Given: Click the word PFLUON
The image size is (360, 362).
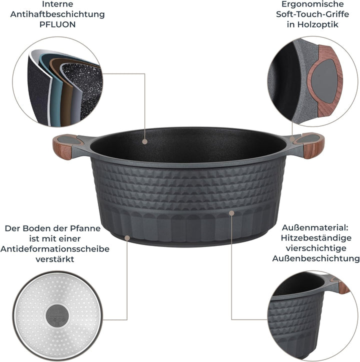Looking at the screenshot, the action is tap(57, 24).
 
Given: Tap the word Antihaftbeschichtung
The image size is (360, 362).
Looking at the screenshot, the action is tap(57, 14).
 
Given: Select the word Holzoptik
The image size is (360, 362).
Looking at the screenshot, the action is tap(317, 24).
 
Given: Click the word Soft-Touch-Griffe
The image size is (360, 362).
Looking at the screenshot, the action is tap(312, 14).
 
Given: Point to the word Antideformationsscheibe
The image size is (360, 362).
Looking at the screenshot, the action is tap(55, 249).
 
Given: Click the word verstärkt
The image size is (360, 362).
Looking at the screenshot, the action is tap(55, 259).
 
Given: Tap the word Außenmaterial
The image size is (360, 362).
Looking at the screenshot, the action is tap(315, 228).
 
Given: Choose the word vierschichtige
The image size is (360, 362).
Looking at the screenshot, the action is tap(316, 248).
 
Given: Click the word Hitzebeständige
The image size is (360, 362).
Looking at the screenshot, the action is tap(316, 238).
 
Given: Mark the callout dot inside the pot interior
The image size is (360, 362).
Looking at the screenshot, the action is tap(145, 141).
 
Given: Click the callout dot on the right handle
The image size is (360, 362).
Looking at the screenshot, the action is tap(292, 139).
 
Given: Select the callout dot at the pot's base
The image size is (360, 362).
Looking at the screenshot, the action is tap(127, 238).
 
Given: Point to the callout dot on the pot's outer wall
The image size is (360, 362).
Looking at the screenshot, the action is tap(231, 213).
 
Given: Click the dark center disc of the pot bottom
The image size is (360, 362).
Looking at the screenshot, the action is tap(57, 315).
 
